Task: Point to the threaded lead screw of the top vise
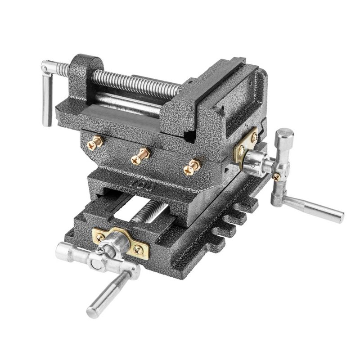coord(135,84)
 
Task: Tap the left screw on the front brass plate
coord(100,237)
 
